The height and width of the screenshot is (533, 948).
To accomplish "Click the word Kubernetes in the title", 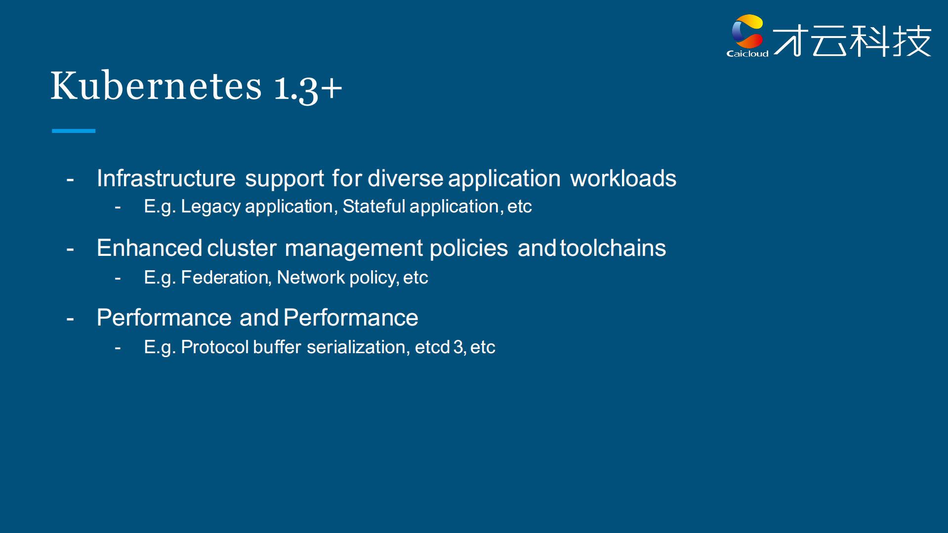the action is [156, 85].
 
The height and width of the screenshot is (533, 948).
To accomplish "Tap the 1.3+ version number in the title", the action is [308, 88].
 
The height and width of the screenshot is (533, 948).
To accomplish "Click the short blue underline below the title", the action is [74, 131].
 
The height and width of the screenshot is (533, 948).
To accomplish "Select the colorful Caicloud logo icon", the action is [747, 32].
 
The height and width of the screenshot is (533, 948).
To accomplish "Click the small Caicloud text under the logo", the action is [747, 53].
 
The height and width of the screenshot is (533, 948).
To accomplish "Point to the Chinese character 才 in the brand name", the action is [791, 41].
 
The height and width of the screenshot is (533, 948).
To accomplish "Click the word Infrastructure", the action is [166, 178].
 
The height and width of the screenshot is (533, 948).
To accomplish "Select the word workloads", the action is [623, 178].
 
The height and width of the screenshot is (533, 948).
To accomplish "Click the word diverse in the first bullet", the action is [406, 178].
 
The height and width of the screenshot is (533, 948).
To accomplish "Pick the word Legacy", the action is [211, 207].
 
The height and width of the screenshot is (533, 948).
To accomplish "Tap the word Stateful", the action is [374, 206].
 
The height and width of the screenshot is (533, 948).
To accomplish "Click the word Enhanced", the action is [149, 248].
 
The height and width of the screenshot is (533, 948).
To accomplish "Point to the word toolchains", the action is [613, 248].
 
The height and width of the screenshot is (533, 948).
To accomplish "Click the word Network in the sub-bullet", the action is [311, 278].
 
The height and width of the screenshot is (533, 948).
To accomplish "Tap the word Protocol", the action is [215, 347].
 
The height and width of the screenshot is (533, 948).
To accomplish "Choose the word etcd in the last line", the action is [432, 347].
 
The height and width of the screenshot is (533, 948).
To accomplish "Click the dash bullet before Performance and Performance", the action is [70, 319].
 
